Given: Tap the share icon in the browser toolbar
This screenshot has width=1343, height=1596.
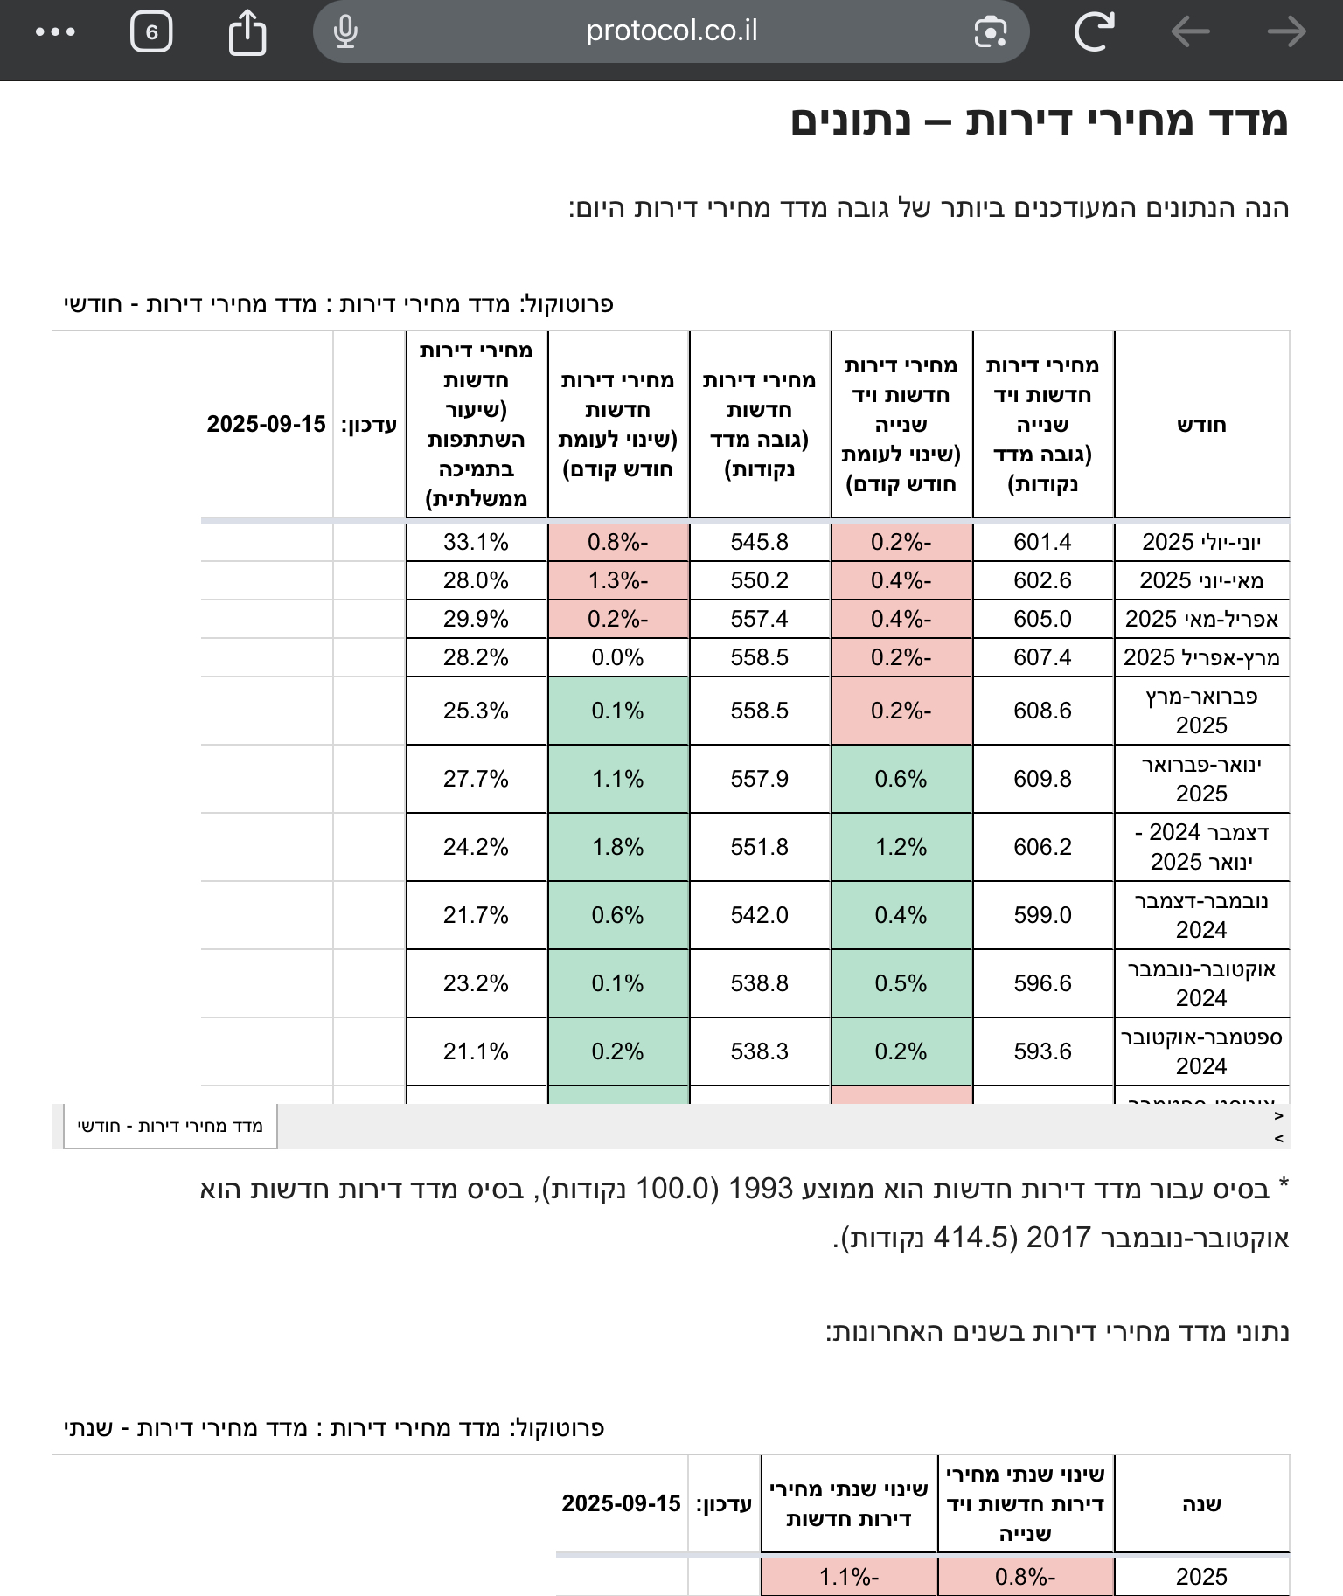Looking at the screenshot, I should [x=247, y=32].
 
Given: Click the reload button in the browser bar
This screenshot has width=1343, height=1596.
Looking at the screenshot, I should [x=1094, y=32].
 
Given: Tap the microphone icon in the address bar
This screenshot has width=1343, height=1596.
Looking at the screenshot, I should [x=345, y=32].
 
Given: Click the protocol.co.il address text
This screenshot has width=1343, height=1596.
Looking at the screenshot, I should [x=671, y=31].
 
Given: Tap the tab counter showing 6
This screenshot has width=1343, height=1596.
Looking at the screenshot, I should [x=151, y=32].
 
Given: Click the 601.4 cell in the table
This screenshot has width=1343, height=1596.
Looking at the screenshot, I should [x=1042, y=542].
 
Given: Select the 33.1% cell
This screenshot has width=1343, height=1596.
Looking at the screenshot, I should [x=476, y=542].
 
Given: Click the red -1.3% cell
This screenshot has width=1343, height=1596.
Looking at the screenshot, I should [x=617, y=580].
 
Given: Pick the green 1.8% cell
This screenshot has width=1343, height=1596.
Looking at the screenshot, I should [x=617, y=847].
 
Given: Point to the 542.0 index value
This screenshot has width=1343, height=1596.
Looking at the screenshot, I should [x=759, y=915].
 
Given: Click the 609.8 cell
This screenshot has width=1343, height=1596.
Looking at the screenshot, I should [x=1042, y=779].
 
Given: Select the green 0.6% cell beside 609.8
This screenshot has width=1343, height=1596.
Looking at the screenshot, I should [x=901, y=779].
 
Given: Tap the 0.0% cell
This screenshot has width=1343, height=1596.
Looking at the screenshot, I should [x=617, y=657].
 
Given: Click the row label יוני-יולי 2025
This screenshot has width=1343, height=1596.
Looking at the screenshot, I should [x=1201, y=542].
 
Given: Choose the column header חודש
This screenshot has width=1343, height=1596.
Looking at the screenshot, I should [x=1201, y=425].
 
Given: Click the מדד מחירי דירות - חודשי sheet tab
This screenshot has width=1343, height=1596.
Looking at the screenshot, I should [x=170, y=1126].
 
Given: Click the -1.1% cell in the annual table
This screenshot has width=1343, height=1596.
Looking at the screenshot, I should [x=848, y=1577].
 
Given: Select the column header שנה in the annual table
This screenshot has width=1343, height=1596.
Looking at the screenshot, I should [x=1201, y=1504].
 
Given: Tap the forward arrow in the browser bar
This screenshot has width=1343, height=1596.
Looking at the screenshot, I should [x=1286, y=32].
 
